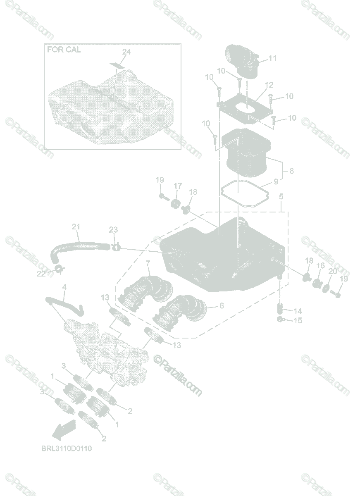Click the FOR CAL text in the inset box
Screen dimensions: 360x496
[x=64, y=49]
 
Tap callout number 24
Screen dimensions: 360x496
[x=126, y=52]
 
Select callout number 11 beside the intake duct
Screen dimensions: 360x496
[x=272, y=58]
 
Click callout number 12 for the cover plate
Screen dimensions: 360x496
[x=269, y=85]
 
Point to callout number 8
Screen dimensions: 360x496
[x=291, y=171]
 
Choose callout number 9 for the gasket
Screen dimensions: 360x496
[x=276, y=181]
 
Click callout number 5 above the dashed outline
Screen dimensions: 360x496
[x=281, y=196]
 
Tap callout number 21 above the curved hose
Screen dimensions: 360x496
[x=76, y=227]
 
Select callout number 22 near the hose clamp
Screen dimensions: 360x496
[x=41, y=274]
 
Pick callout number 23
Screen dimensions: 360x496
[x=113, y=230]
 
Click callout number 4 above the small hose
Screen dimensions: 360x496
[x=64, y=287]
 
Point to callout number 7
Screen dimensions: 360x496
[x=148, y=263]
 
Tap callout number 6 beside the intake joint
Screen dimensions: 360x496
[x=222, y=305]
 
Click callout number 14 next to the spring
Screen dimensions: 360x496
[x=298, y=311]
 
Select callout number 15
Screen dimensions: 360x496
[x=298, y=320]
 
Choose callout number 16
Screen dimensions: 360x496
[x=320, y=265]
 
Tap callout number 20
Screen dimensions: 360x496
[x=332, y=271]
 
